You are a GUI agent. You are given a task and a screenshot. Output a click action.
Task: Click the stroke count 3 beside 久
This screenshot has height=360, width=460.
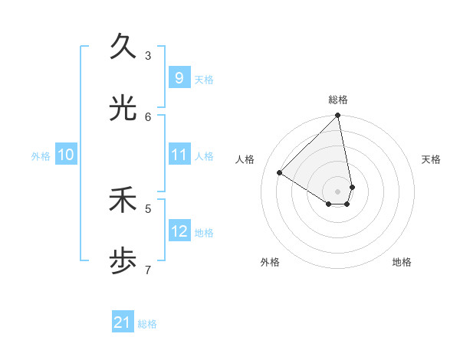[x=148, y=55]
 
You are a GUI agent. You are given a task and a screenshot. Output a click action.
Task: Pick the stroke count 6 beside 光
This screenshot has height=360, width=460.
[x=148, y=116]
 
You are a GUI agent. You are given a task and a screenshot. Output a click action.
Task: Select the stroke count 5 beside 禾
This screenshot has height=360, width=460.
[x=148, y=208]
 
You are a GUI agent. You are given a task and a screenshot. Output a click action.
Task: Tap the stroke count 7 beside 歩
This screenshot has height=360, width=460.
[x=148, y=270]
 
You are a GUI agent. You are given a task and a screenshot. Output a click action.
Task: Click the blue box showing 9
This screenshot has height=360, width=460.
[x=179, y=77]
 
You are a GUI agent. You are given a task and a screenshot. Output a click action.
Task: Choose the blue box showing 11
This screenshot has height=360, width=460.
[x=179, y=155]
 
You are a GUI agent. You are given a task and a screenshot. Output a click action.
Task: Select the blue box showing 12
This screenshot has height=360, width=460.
[x=179, y=231]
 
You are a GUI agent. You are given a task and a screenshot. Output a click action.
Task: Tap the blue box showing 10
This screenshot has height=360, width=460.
[x=66, y=155]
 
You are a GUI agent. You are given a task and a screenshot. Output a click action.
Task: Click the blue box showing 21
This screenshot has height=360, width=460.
[x=123, y=322]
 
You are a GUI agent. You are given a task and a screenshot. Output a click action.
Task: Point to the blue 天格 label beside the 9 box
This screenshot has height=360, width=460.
[x=204, y=79]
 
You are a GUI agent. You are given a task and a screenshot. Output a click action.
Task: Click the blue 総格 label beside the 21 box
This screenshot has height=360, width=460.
[x=147, y=324]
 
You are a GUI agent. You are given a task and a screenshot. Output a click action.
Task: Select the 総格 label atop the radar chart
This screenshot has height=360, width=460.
[x=338, y=100]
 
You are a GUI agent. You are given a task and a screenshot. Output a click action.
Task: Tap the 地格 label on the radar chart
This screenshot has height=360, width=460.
[x=402, y=262]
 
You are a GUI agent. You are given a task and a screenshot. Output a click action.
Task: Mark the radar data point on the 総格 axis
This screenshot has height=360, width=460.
[x=338, y=116]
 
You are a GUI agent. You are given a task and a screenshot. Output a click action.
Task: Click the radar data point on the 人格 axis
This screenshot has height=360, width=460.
[x=280, y=173]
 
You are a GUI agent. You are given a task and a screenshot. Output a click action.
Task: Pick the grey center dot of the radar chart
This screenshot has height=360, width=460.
[x=338, y=191]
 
